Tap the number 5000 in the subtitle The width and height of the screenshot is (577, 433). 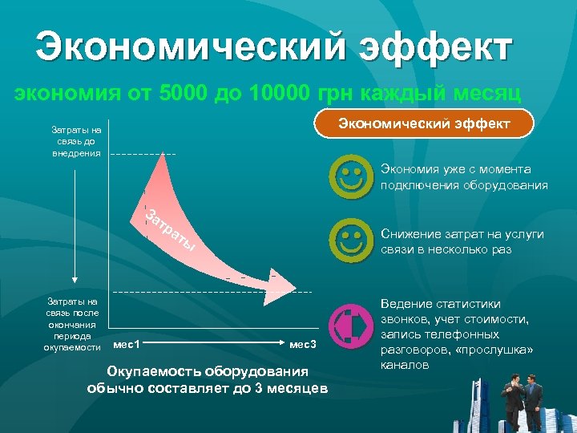tap(182, 95)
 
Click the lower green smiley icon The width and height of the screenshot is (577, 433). tap(351, 239)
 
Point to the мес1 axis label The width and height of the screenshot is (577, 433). tap(127, 345)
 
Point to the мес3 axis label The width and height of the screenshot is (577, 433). tap(303, 345)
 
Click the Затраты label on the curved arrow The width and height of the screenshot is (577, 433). tap(170, 229)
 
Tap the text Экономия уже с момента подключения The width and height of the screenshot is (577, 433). tap(464, 177)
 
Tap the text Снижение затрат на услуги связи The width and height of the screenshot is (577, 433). tap(462, 241)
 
